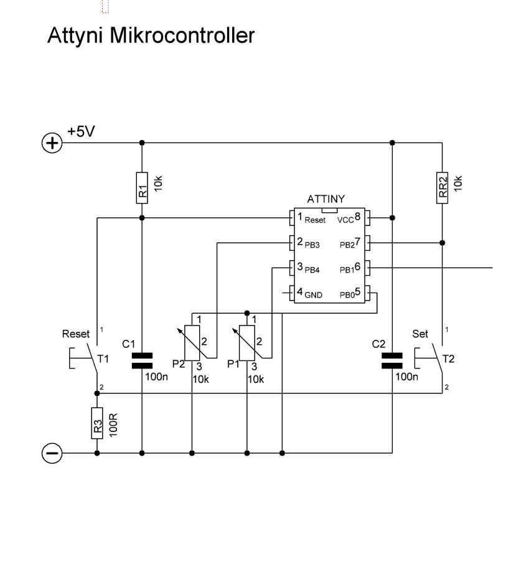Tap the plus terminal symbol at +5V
tap(52, 144)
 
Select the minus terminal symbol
tap(52, 454)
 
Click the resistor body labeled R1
tap(142, 187)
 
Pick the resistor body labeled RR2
tap(442, 187)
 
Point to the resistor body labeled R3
tap(96, 423)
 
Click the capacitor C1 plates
tap(142, 360)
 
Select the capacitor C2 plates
tap(392, 360)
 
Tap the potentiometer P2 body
tap(192, 342)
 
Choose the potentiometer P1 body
tap(247, 342)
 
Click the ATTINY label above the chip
tap(326, 199)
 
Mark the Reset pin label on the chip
tap(315, 220)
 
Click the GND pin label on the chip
tap(313, 295)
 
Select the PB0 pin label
tap(347, 295)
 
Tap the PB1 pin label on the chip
tap(347, 270)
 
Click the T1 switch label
tap(103, 359)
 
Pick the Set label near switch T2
tap(421, 334)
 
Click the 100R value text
tap(113, 423)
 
